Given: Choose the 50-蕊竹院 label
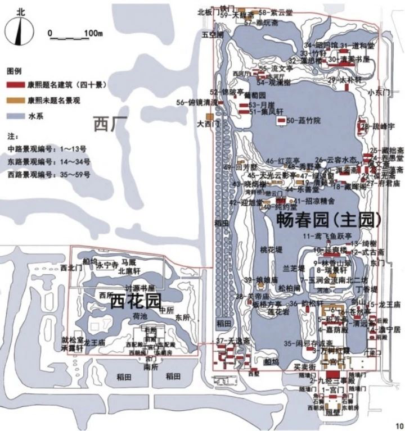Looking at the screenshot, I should (303, 120).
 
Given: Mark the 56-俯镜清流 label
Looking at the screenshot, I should (196, 102).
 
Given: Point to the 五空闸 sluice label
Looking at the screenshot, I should (213, 35).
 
